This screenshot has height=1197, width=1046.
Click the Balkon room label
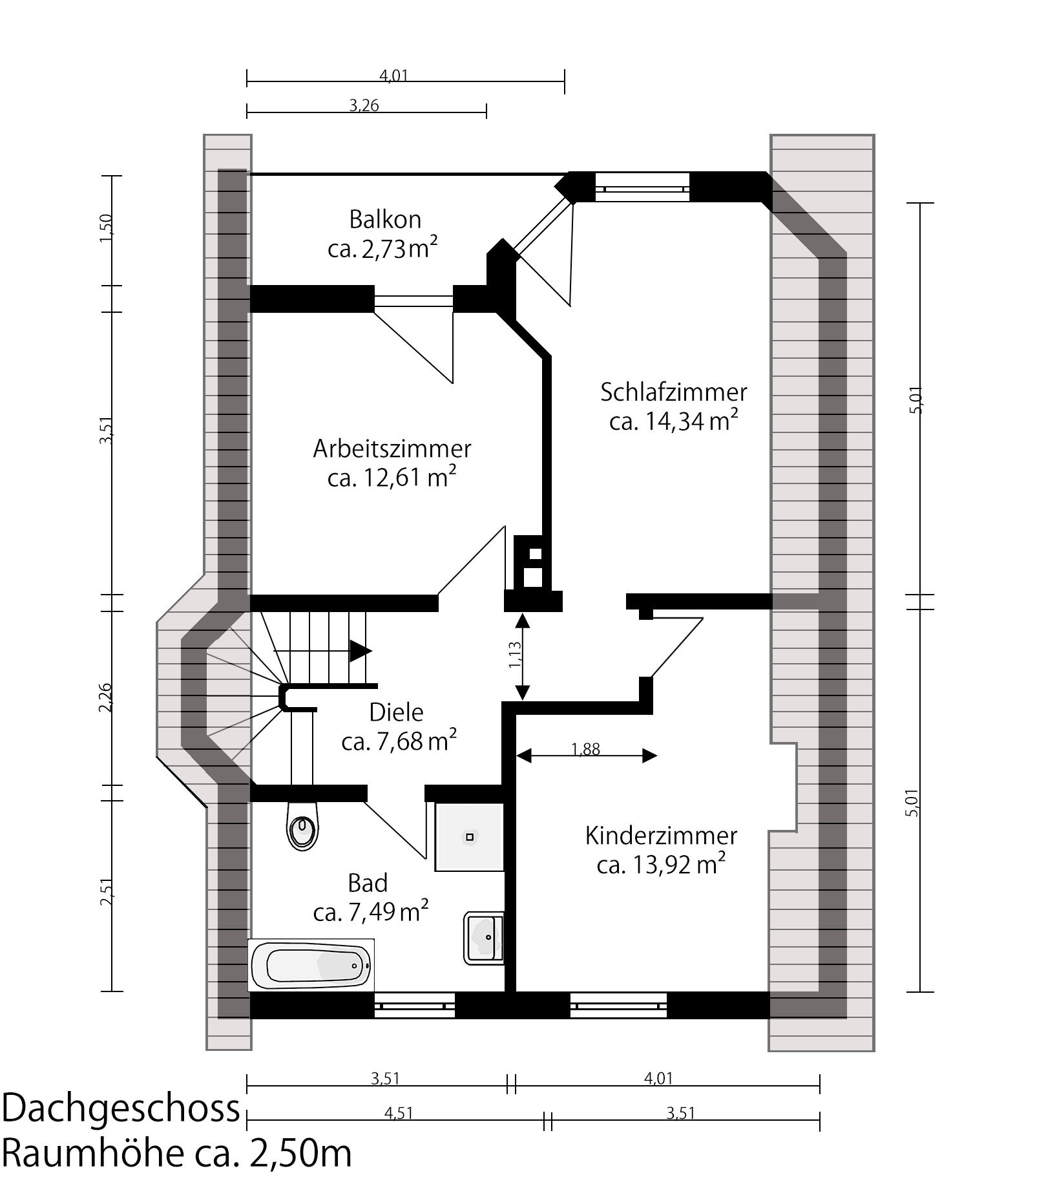(x=385, y=219)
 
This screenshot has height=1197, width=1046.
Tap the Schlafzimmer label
(x=674, y=392)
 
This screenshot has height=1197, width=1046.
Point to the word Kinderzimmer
(x=661, y=836)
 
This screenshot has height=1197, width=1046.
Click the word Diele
(x=396, y=712)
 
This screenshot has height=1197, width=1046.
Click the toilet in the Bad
(x=302, y=827)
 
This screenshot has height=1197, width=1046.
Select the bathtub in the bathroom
(x=311, y=965)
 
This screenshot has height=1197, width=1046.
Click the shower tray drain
(x=470, y=837)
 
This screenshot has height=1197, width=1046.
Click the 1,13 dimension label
(x=515, y=655)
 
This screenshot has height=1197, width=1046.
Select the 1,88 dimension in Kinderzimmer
(x=586, y=749)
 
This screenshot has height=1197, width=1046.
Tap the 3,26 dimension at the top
(x=364, y=105)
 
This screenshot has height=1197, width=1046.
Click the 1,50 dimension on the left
(x=106, y=228)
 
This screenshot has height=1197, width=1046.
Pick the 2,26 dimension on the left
(x=105, y=697)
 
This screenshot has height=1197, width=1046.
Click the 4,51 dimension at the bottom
(x=398, y=1113)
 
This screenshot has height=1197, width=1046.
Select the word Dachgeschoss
(x=121, y=1108)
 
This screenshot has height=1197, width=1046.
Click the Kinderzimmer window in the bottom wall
(x=618, y=1006)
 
